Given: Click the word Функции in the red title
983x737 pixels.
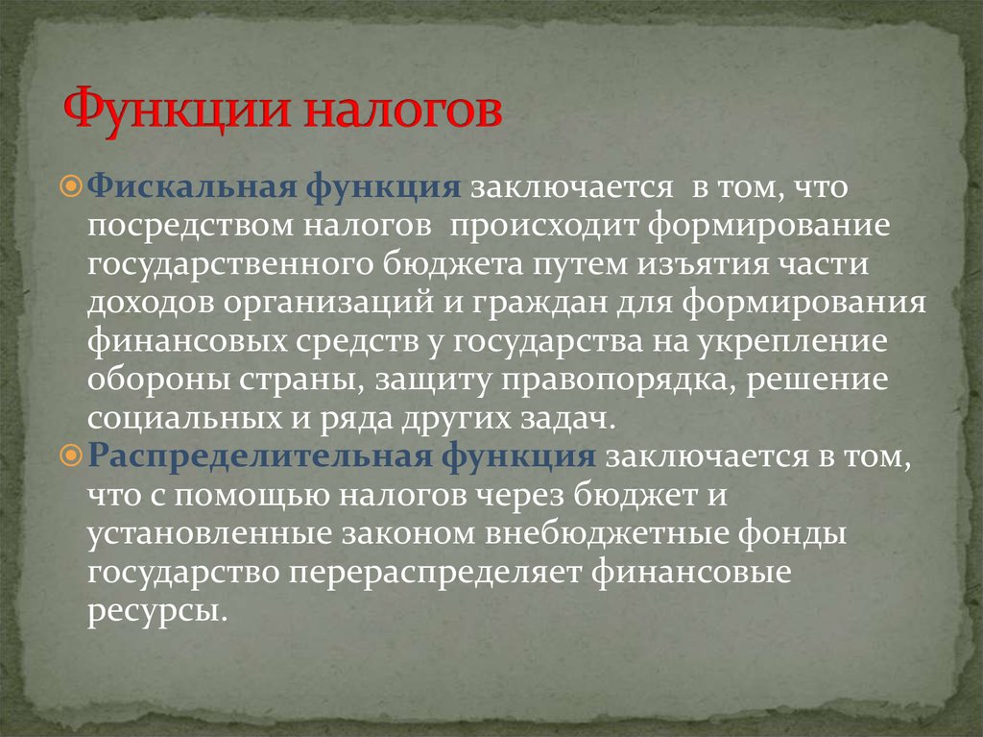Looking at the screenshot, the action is [x=179, y=111].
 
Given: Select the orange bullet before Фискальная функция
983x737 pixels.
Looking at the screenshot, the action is [x=72, y=185].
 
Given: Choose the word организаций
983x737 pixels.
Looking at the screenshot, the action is [x=328, y=304].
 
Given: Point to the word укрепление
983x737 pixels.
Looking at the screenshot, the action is [x=792, y=342].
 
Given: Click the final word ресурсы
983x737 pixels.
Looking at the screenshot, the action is [x=154, y=611].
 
